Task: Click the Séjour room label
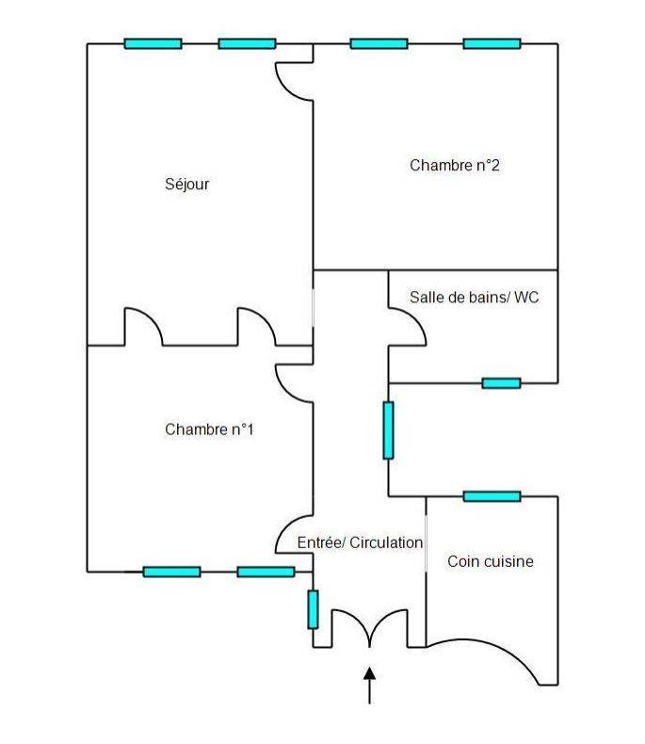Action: [x=186, y=185]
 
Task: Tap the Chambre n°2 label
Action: [x=454, y=165]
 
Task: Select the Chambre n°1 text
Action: [x=209, y=429]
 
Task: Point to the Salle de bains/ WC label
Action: [x=474, y=297]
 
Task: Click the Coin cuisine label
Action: [x=490, y=561]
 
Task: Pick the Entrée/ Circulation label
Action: [x=360, y=542]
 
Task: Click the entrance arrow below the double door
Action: [x=369, y=685]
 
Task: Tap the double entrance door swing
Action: [x=369, y=627]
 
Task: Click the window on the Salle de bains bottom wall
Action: [x=501, y=382]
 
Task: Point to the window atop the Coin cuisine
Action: [x=492, y=495]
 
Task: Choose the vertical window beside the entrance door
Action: [x=313, y=608]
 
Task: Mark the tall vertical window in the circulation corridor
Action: [x=388, y=430]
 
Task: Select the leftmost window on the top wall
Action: [x=153, y=43]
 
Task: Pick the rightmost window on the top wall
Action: [x=492, y=43]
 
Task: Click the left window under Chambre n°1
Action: [x=171, y=571]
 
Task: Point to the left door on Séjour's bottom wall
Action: [x=143, y=326]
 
